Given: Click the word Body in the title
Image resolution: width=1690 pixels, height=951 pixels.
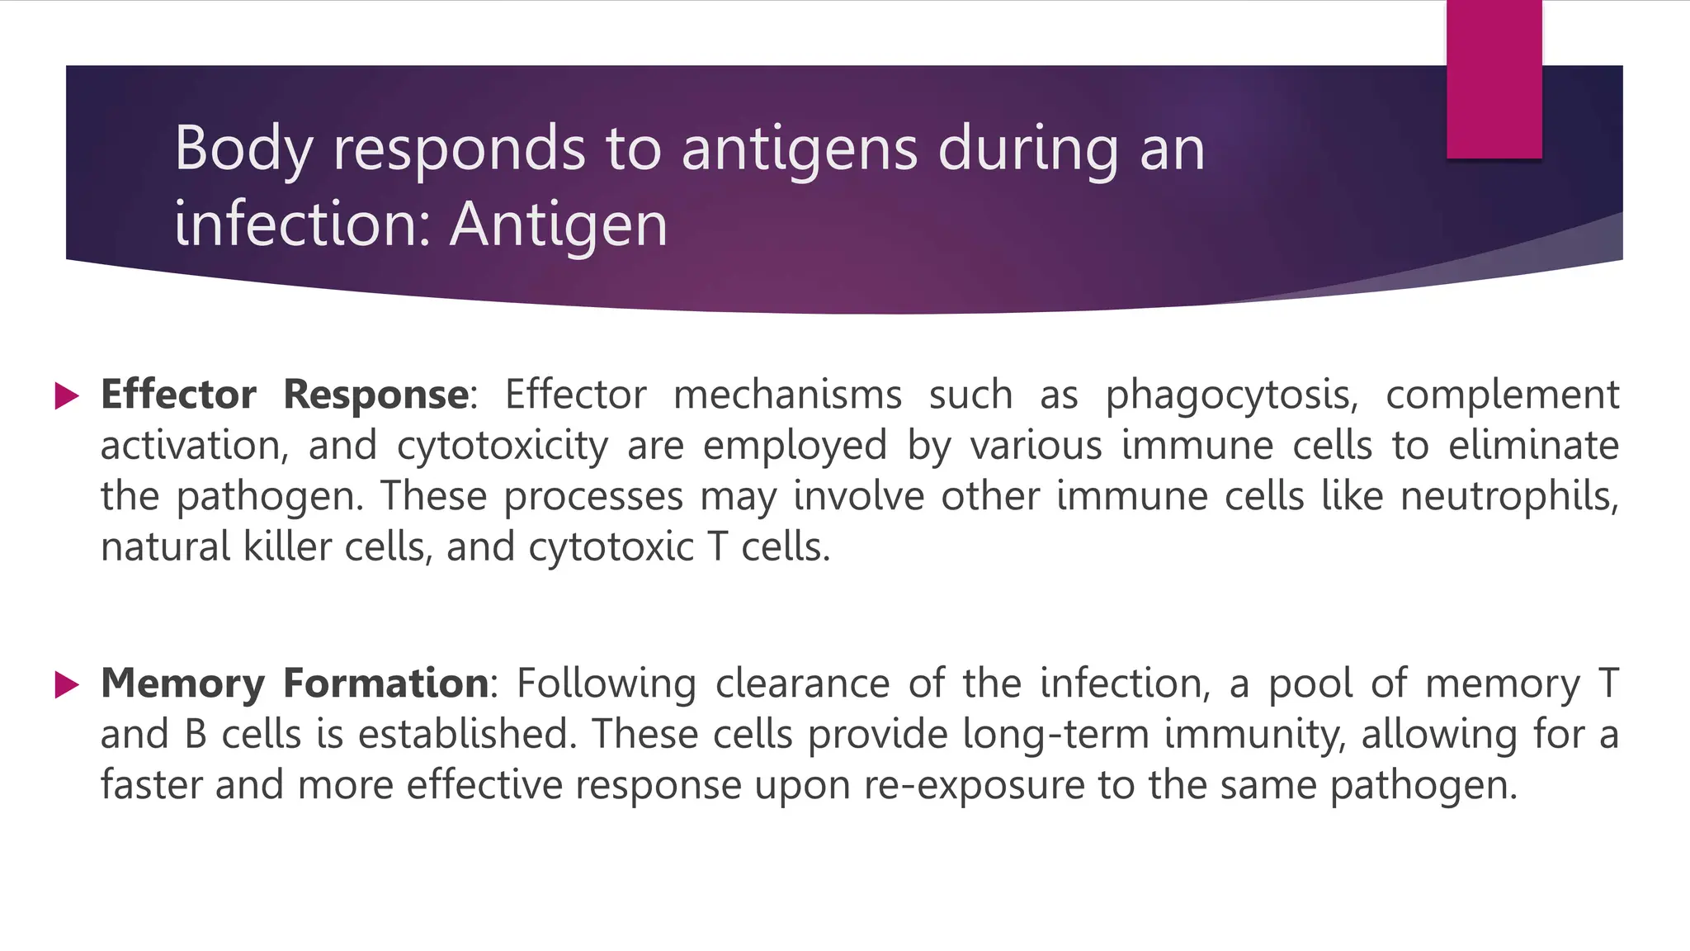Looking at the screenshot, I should [243, 149].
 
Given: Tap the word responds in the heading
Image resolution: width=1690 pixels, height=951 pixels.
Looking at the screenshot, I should [458, 149].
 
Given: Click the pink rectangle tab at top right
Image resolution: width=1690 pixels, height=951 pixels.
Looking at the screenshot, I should [1494, 79].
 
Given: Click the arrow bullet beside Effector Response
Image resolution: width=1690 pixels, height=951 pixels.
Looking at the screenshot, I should [66, 395].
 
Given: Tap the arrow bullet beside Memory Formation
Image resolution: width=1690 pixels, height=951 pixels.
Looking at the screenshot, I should [66, 684].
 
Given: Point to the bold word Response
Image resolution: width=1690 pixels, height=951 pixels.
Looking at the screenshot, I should [376, 395].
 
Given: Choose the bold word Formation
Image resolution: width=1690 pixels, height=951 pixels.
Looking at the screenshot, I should [386, 684].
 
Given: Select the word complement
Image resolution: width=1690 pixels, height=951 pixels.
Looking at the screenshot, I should [1502, 395].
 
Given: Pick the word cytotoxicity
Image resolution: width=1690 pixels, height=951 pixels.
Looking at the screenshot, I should [502, 447].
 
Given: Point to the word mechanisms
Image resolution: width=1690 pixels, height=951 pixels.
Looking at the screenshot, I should [787, 395].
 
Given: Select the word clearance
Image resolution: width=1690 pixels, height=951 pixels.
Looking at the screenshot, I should [802, 684].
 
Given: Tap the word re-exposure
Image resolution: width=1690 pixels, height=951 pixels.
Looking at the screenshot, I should [974, 785].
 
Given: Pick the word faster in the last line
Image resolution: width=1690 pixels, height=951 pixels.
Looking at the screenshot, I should [152, 784].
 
